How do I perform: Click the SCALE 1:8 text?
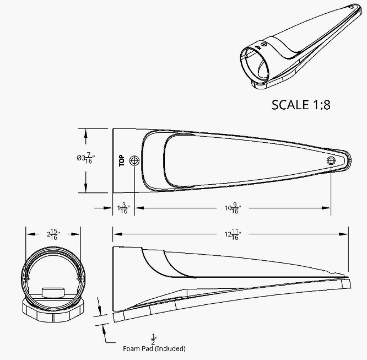point(301,105)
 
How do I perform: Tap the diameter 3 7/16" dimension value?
point(85,158)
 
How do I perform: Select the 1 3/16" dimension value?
point(123,208)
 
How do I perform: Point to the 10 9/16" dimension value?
point(233,208)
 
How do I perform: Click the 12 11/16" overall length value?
point(233,234)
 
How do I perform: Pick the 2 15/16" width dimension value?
point(53,234)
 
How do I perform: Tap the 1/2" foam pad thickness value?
point(154,340)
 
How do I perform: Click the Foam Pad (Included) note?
point(154,348)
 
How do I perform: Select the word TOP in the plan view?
point(122,160)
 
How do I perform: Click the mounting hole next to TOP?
point(134,160)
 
